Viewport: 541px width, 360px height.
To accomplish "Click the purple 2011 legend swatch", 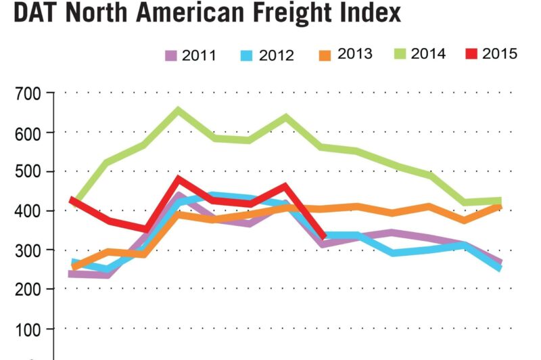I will [170, 55].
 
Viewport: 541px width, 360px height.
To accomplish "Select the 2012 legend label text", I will [277, 55].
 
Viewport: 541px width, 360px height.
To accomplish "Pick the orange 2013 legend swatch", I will [326, 54].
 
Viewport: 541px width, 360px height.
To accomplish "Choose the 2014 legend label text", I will [428, 54].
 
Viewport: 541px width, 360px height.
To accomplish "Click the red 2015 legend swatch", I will [472, 53].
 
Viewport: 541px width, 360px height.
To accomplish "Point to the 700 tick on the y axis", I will [28, 93].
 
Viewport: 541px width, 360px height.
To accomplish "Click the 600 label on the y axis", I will [28, 133].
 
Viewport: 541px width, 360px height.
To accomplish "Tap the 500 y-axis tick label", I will [28, 172].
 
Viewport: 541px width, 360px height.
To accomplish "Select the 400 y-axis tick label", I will [28, 211].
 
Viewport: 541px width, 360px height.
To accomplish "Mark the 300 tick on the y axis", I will [28, 250].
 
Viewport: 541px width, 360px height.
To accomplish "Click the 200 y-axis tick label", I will [28, 290].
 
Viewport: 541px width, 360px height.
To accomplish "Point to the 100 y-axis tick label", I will [28, 330].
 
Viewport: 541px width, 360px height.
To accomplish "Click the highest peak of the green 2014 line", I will [179, 110].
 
